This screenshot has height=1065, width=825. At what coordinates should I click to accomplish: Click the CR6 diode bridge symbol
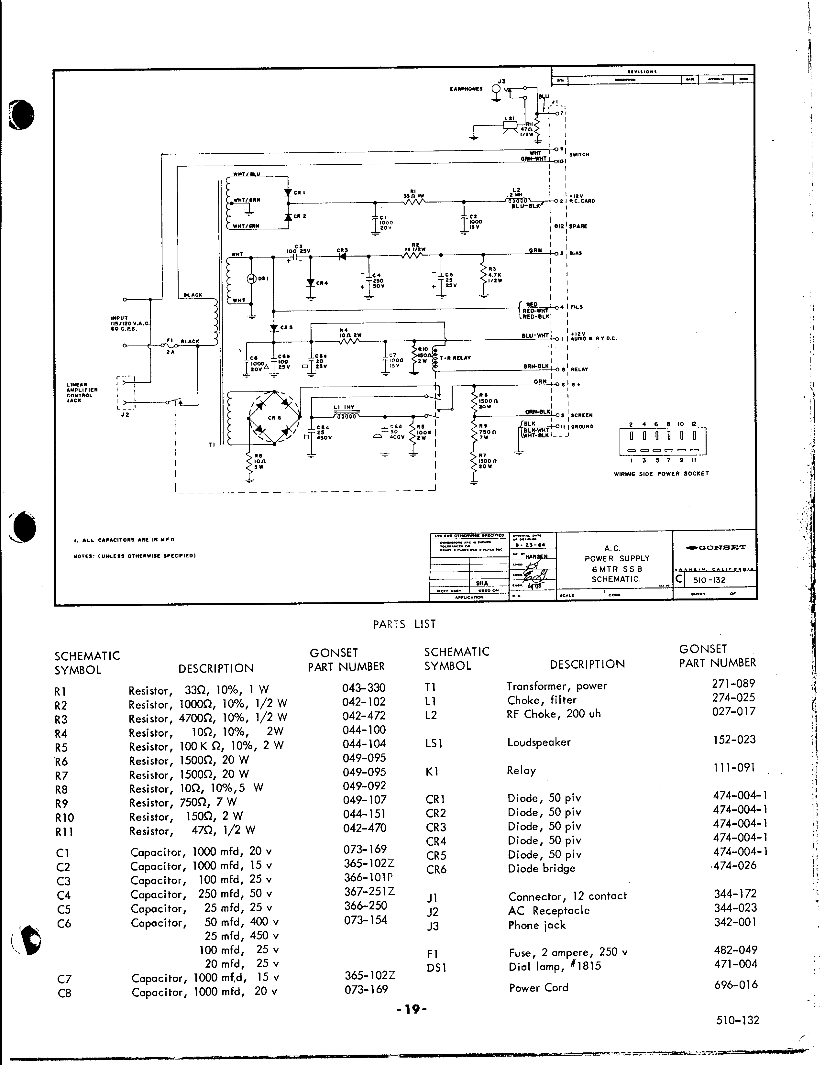tap(274, 417)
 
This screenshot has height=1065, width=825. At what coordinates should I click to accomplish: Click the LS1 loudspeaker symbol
tap(510, 125)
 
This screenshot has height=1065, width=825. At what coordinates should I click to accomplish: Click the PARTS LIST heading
tap(404, 624)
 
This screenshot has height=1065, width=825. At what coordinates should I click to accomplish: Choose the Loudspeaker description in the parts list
tap(538, 743)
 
